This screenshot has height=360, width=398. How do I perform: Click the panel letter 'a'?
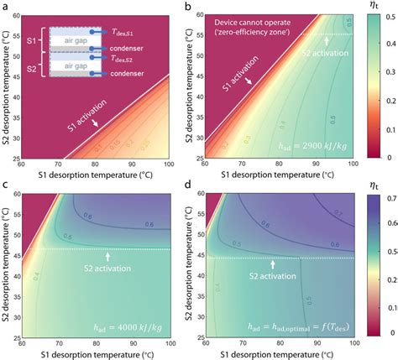[5, 7]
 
